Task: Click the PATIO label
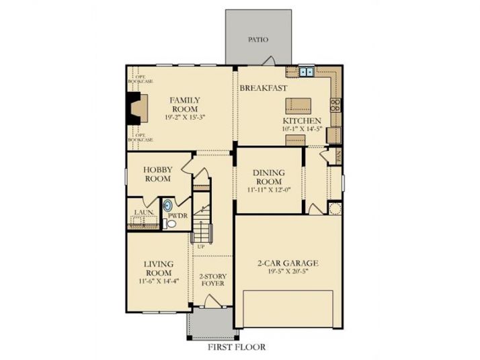257,40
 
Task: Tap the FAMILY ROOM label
184,105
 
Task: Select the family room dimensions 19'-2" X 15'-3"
184,117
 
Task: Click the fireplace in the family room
138,108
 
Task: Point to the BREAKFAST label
264,88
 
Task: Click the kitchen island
298,105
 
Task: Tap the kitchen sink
307,71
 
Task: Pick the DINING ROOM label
268,177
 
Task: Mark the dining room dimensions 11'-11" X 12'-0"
268,190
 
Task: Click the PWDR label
177,216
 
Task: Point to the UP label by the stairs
200,246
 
